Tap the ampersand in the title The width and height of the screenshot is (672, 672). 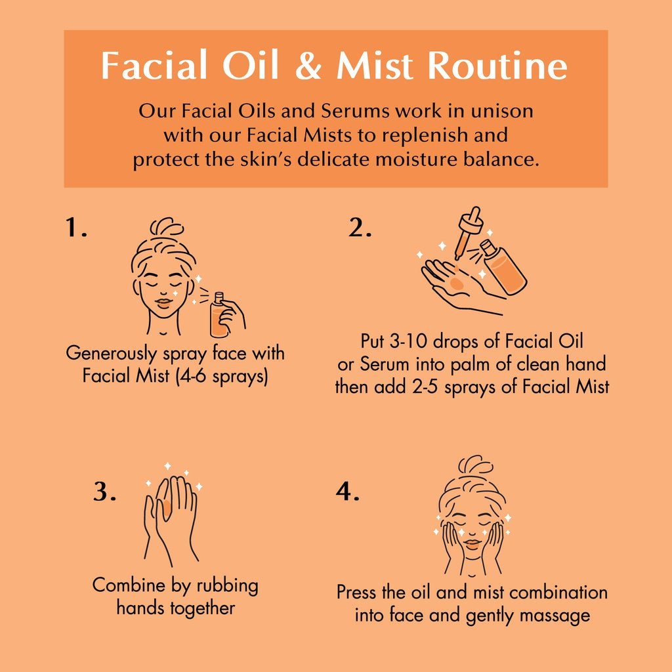(308, 66)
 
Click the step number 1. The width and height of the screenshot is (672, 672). (76, 227)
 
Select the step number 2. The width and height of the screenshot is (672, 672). (360, 228)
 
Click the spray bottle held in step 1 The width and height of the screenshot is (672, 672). (218, 314)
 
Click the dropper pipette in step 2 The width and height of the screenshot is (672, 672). (467, 232)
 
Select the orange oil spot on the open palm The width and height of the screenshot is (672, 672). (457, 283)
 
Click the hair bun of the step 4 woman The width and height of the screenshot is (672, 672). (475, 465)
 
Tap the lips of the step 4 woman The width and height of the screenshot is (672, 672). (472, 543)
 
